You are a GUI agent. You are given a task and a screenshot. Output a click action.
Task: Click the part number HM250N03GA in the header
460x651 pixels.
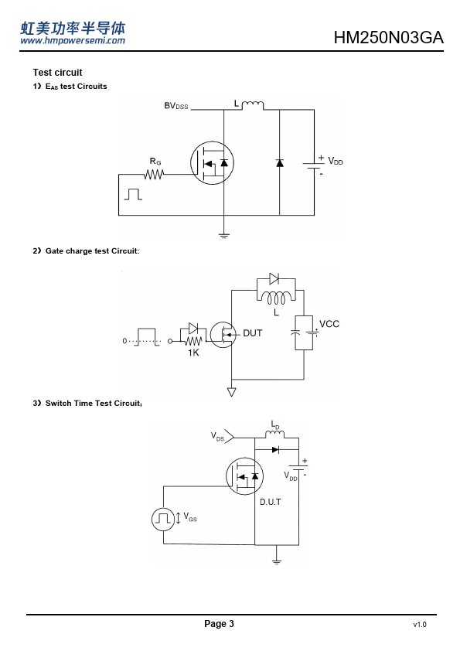tap(389, 37)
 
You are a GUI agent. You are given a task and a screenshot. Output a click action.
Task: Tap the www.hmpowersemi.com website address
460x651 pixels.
tap(73, 40)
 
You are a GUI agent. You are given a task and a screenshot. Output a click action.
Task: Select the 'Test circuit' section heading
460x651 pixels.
tap(58, 73)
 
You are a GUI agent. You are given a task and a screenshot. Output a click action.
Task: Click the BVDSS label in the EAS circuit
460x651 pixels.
tap(176, 106)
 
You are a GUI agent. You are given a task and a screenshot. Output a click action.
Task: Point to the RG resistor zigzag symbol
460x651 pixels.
tap(154, 175)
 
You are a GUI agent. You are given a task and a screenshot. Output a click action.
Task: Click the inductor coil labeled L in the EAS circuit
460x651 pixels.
tap(252, 105)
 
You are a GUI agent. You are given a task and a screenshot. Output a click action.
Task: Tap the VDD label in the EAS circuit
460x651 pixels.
tap(336, 161)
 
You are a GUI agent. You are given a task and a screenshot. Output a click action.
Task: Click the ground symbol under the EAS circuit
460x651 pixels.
tap(223, 236)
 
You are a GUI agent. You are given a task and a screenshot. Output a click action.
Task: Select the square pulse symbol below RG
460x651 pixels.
tap(133, 194)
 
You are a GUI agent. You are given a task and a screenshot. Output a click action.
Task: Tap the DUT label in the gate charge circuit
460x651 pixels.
tap(252, 333)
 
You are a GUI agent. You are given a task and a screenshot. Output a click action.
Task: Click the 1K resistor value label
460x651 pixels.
tap(193, 353)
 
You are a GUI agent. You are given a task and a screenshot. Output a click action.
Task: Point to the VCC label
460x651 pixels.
tap(329, 324)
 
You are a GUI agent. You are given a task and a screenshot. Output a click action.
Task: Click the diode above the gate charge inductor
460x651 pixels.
tap(274, 278)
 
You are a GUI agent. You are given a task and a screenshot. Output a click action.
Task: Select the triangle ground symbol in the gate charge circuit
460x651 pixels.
tap(232, 392)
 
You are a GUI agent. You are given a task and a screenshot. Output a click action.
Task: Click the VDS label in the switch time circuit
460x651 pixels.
tap(217, 436)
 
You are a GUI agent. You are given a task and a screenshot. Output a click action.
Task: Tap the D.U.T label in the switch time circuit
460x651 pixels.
tap(271, 502)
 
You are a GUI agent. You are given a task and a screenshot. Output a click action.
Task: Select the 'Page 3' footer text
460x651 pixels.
tap(220, 624)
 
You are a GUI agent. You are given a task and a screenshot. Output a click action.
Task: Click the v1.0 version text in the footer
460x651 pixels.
tap(420, 625)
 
